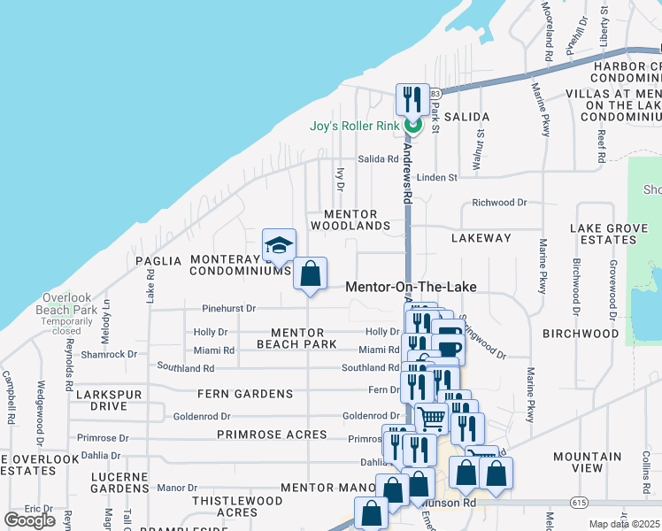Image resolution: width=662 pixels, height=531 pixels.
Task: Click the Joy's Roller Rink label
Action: (x=354, y=126)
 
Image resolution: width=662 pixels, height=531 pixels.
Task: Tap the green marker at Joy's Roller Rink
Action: (x=412, y=126)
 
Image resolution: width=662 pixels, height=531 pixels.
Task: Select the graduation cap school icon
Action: (x=280, y=245)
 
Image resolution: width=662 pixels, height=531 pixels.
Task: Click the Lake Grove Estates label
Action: (x=609, y=235)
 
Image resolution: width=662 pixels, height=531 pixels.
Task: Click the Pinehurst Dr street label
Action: (x=228, y=309)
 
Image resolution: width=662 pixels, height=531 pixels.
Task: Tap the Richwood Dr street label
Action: (x=499, y=203)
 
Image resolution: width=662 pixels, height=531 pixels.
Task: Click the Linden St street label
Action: (x=437, y=177)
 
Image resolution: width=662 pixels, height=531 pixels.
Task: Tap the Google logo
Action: (x=29, y=520)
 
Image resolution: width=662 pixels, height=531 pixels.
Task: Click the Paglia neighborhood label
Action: (x=158, y=261)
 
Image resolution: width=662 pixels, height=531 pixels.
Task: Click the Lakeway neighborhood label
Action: (x=481, y=238)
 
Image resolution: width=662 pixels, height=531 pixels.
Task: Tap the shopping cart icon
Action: (x=431, y=418)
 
